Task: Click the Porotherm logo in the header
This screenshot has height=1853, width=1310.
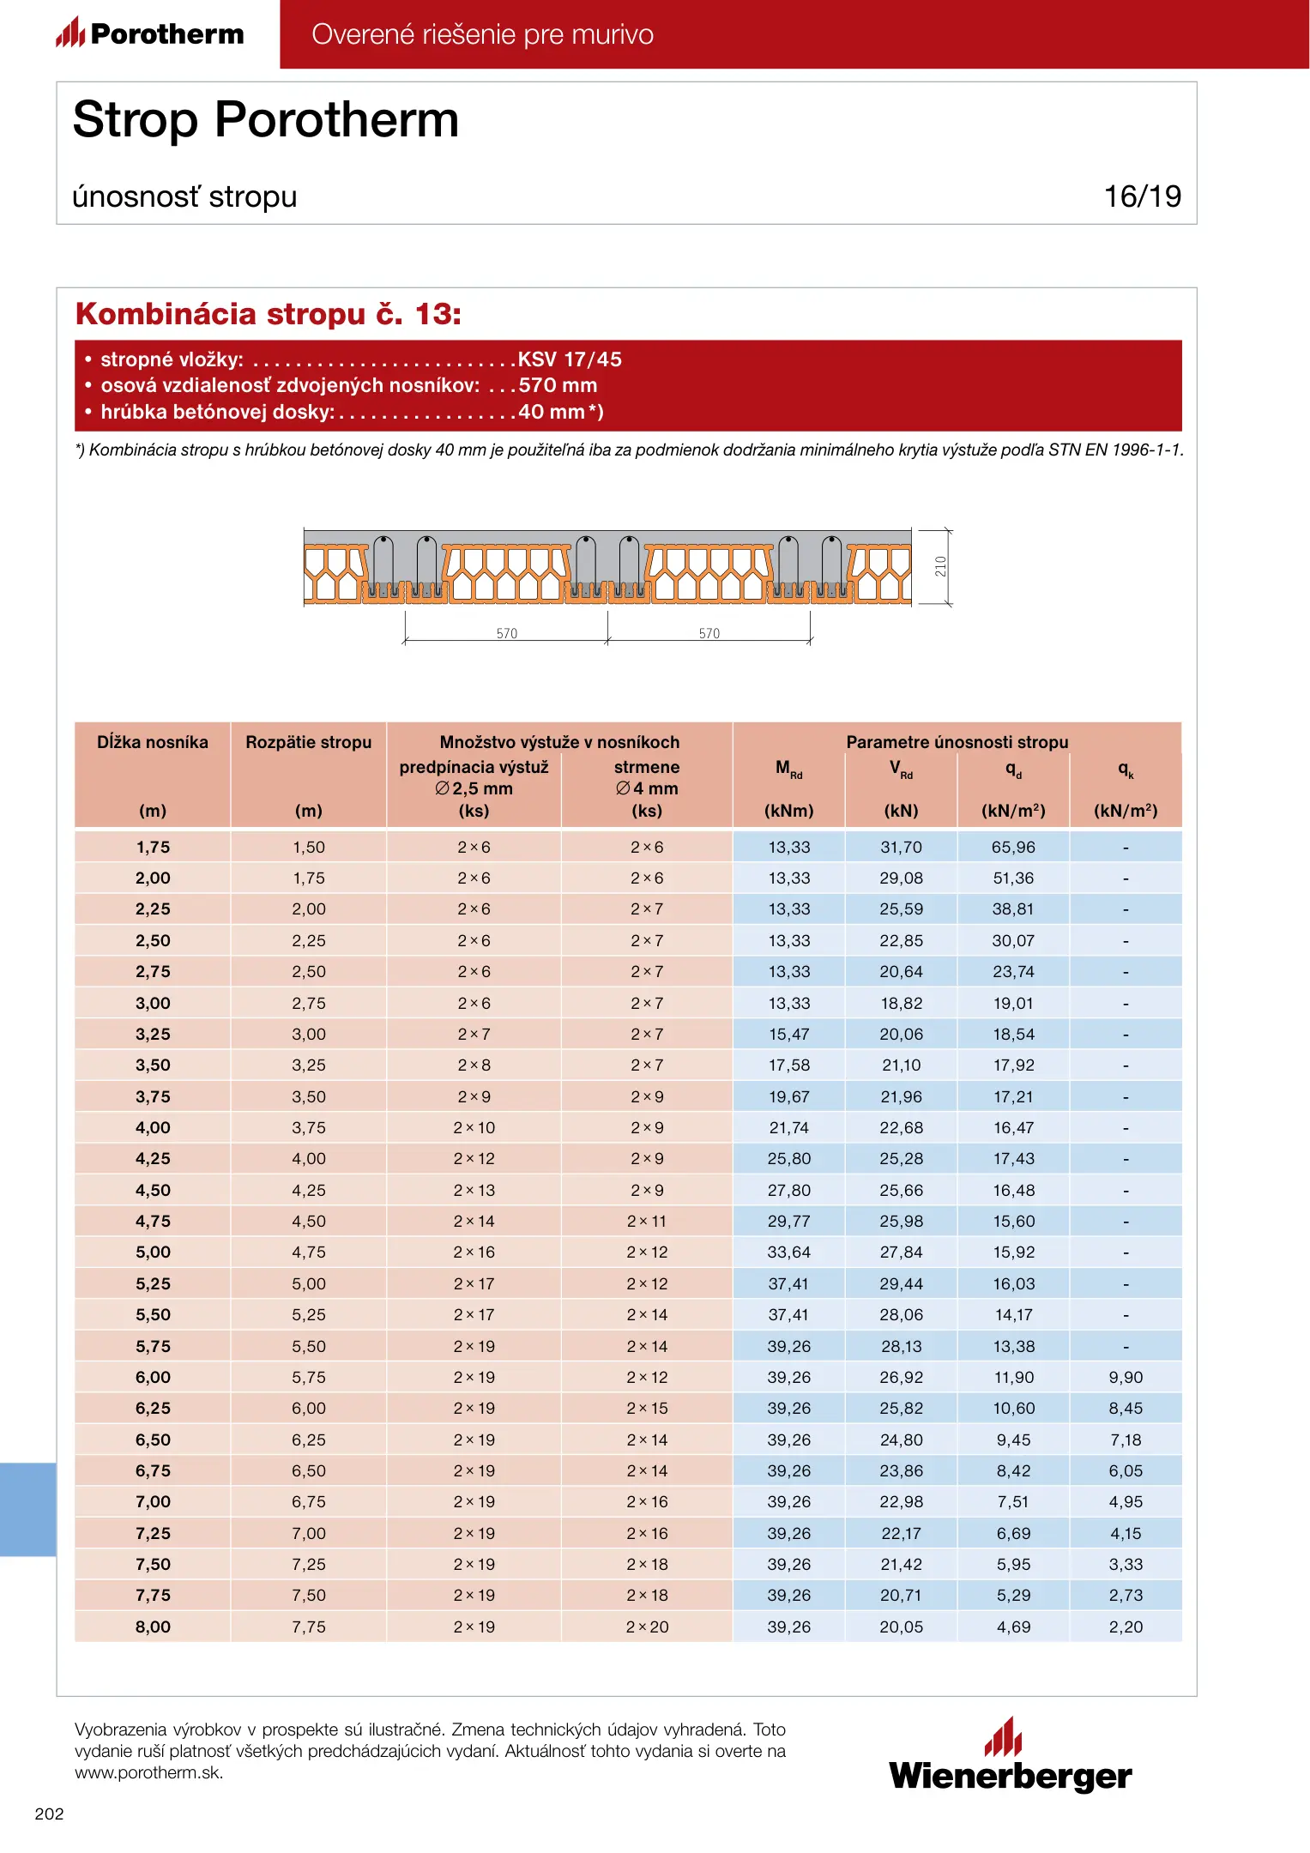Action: [x=151, y=33]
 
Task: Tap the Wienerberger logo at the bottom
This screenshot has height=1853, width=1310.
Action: [x=1010, y=1757]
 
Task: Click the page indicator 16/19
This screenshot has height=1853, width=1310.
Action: [x=1142, y=196]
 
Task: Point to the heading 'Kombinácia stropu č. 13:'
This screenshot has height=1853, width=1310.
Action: [x=269, y=314]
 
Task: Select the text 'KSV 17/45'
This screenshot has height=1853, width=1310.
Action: [x=570, y=359]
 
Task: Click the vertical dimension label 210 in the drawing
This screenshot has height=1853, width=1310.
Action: [x=941, y=566]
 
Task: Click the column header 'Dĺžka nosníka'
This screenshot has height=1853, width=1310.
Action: [x=153, y=742]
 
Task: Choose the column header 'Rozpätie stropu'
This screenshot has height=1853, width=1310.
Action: [x=309, y=742]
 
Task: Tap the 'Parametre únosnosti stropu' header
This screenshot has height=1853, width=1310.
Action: [x=957, y=742]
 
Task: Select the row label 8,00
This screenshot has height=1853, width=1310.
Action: [x=153, y=1627]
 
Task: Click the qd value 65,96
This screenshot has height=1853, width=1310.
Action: [x=1013, y=848]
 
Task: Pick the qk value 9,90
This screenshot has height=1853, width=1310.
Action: [x=1126, y=1377]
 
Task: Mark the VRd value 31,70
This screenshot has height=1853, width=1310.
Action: [x=901, y=848]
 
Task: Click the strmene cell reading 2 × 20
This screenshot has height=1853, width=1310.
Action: [x=647, y=1627]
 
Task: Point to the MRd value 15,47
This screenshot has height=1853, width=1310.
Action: [x=789, y=1035]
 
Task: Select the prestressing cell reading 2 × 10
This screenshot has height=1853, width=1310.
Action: [x=474, y=1128]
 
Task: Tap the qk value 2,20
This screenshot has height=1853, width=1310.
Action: [x=1126, y=1627]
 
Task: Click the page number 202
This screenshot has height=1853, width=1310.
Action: [x=49, y=1814]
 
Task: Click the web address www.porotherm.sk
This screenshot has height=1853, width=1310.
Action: [x=148, y=1772]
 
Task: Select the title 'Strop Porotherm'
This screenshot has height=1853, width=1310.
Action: [x=266, y=119]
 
